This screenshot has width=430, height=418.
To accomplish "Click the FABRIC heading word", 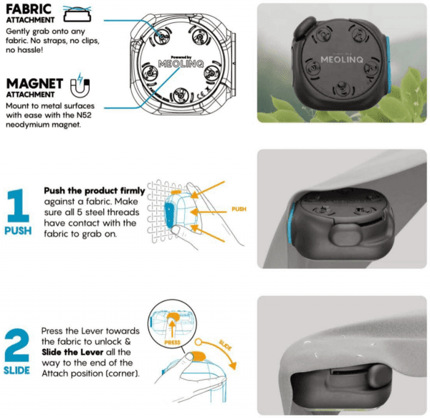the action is (x=29, y=9).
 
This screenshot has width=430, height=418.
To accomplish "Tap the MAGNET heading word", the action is (x=35, y=84).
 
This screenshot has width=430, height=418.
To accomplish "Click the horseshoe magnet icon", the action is (x=80, y=85).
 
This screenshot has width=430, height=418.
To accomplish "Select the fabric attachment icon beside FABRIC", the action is (x=77, y=14).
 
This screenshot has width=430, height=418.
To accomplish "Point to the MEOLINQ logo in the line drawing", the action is (x=181, y=64).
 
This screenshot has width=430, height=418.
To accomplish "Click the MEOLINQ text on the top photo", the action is (x=342, y=60).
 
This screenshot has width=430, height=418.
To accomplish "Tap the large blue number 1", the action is (x=18, y=206).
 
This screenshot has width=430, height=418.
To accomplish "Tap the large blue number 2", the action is (x=16, y=346).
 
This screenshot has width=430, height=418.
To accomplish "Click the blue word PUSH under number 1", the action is (x=18, y=231).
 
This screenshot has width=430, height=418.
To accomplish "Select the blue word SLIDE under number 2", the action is (x=16, y=371).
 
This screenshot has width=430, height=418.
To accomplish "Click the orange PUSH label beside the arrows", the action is (x=239, y=209).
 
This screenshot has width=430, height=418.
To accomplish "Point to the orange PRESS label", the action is (x=172, y=343).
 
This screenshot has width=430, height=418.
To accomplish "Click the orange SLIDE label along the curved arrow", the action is (x=226, y=345).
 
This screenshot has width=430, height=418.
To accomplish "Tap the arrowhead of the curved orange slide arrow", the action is (x=232, y=366).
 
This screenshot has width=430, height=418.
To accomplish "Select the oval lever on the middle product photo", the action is (x=345, y=234).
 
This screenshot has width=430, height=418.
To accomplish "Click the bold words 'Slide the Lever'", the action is (x=72, y=352).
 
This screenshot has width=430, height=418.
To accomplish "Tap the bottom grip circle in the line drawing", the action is (x=180, y=96).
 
